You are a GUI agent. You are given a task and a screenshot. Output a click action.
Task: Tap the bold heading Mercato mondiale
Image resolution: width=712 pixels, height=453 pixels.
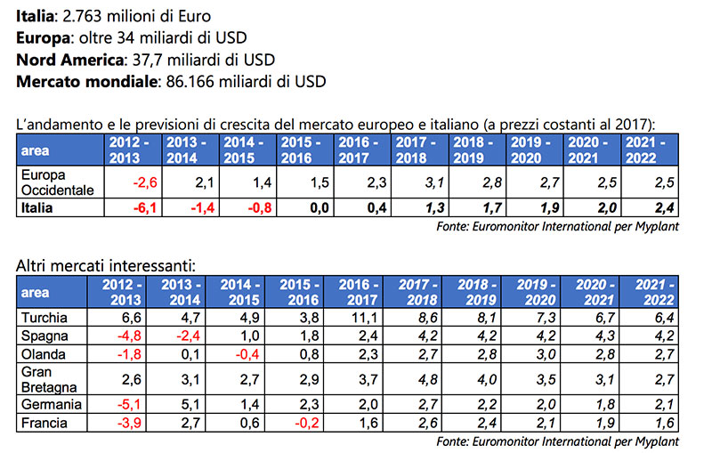[85, 81]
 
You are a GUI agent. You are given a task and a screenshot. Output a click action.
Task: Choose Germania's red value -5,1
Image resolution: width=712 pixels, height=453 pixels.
[125, 404]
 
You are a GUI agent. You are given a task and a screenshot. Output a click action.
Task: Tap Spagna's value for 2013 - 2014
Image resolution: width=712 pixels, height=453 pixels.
[191, 335]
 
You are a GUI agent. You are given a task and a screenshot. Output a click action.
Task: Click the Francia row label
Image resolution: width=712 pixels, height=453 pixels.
[42, 422]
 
